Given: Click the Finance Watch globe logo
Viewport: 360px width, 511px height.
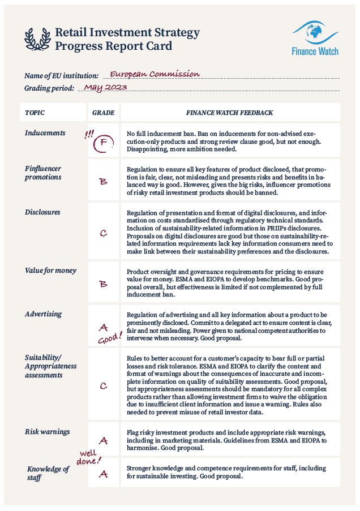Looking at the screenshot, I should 315,32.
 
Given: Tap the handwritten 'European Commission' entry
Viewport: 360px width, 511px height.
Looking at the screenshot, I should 155,74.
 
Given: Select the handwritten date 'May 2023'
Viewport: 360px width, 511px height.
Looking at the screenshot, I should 105,88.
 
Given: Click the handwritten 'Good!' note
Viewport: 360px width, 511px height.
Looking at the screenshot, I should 109,338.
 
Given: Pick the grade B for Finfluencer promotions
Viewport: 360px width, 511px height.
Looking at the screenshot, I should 103,182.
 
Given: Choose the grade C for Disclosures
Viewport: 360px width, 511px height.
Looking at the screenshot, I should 103,233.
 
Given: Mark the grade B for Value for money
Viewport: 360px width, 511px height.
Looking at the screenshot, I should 103,284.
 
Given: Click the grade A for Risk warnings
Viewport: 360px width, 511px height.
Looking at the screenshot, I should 103,440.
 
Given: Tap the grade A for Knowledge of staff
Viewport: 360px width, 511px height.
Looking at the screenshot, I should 103,474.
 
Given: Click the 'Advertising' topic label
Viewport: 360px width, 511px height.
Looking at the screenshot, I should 44,314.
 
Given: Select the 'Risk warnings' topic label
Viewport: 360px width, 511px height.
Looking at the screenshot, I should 48,432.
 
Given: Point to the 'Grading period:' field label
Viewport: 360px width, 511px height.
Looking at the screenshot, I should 49,89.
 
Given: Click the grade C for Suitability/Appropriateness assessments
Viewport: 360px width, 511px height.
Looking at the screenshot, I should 103,386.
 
